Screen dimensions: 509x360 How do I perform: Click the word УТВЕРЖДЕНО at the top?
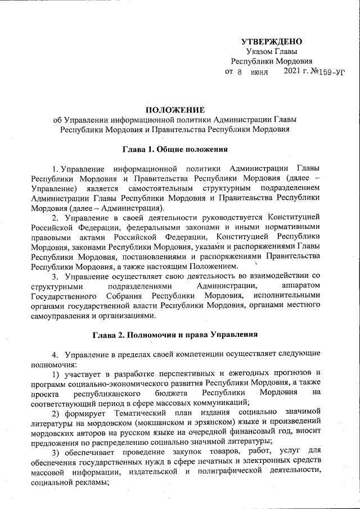[x=272, y=41]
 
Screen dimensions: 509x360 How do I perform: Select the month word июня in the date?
[x=259, y=73]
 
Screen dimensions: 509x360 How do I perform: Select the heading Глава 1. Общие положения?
[x=175, y=150]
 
